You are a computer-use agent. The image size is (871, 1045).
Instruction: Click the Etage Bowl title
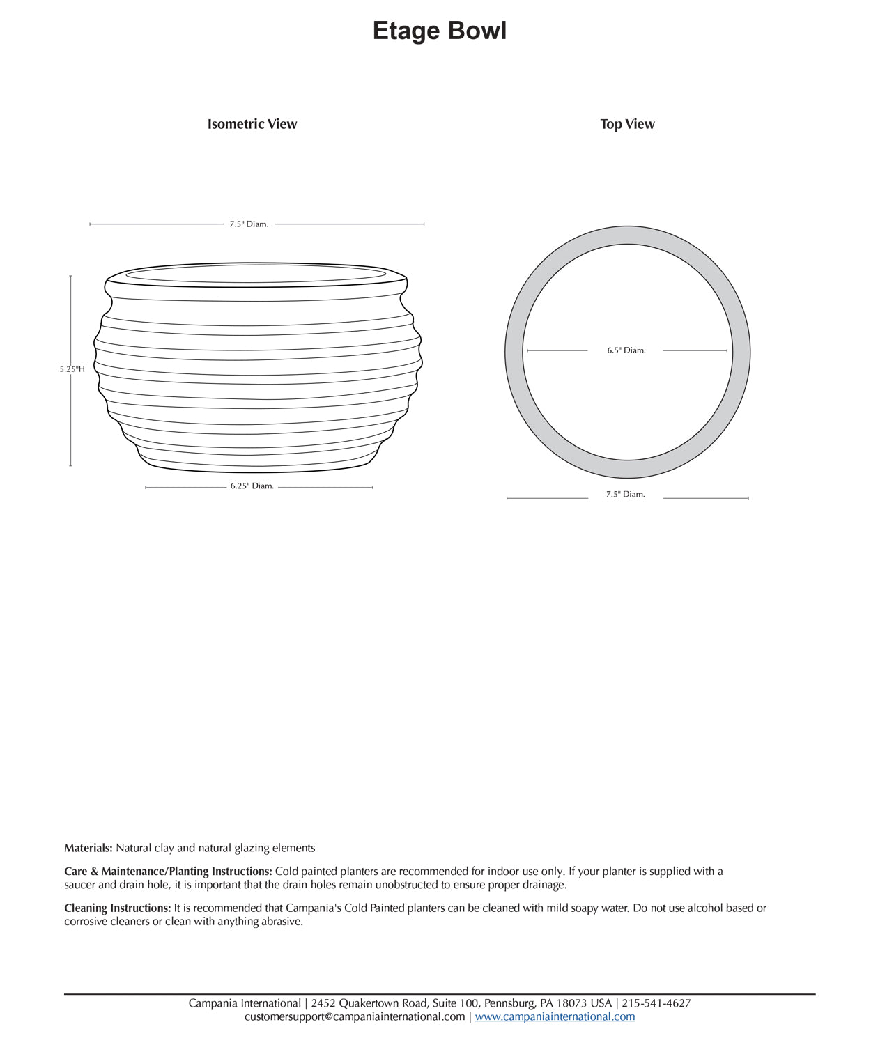[439, 31]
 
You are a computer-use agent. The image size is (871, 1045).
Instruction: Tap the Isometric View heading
[252, 124]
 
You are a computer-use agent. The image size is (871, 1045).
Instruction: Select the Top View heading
[627, 124]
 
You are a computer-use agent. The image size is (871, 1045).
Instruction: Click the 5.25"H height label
[72, 369]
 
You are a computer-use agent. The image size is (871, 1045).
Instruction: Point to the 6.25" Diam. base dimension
[252, 486]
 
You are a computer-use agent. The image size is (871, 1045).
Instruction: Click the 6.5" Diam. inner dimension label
[626, 350]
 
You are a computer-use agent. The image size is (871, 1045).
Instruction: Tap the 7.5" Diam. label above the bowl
[249, 224]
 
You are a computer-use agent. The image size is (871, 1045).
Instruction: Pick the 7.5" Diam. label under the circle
[625, 495]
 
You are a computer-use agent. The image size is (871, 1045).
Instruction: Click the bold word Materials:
[88, 848]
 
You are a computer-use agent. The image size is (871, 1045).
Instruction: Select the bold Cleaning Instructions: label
[117, 908]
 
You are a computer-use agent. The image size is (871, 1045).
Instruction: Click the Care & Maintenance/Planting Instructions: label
[168, 872]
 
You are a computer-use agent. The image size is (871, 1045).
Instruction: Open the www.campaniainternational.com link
[555, 1017]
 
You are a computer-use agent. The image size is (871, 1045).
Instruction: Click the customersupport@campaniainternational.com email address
[355, 1017]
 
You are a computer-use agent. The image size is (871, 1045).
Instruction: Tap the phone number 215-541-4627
[656, 1004]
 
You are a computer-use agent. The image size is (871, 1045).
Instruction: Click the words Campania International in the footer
[244, 1004]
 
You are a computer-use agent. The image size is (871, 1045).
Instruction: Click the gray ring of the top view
[514, 352]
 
